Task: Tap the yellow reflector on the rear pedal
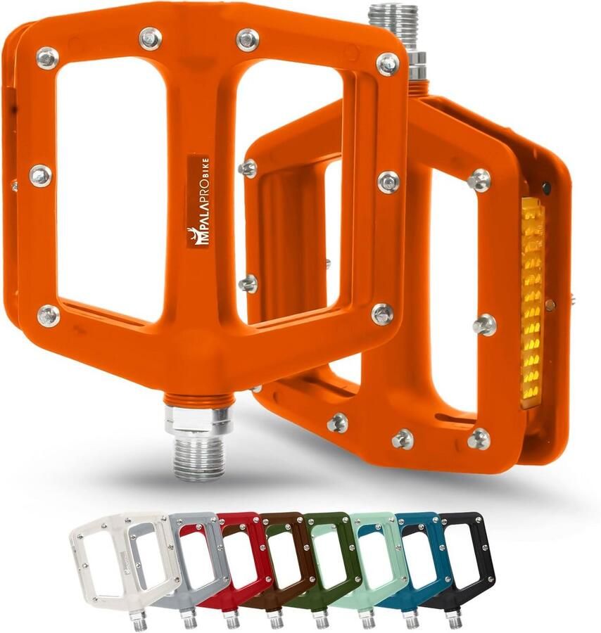tap(532, 299)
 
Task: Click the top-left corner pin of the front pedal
tap(47, 58)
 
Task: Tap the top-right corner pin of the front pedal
tap(387, 64)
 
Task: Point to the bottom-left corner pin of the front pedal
tap(49, 315)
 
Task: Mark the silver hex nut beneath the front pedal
tap(199, 420)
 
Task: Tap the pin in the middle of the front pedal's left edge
tap(40, 175)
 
